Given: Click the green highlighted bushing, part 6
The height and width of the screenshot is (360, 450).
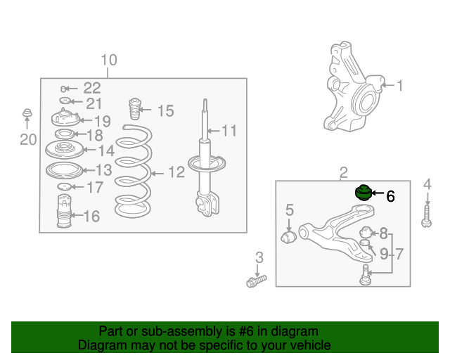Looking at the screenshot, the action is (x=364, y=193).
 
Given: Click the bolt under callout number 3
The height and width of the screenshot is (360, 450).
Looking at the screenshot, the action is (x=256, y=281).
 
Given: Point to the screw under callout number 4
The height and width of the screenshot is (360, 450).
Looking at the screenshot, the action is (x=427, y=217).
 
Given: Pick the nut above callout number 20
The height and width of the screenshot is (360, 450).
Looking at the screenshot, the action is (x=27, y=112).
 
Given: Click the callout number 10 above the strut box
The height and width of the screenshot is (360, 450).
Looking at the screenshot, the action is (x=109, y=60).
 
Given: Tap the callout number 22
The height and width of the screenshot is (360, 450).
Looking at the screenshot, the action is (x=92, y=88).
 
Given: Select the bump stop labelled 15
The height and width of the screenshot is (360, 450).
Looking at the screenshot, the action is (x=134, y=109).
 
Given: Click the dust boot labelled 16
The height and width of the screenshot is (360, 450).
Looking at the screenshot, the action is (x=64, y=211).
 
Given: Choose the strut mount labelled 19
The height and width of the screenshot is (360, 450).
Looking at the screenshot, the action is (x=65, y=117).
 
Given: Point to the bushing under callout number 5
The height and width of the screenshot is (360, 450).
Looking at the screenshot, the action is (x=289, y=237).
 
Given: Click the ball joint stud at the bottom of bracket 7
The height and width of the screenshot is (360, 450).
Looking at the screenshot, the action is (x=365, y=275).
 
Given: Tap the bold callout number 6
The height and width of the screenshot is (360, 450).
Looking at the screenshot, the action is (x=391, y=196).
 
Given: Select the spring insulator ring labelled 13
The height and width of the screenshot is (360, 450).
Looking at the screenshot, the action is (x=64, y=170).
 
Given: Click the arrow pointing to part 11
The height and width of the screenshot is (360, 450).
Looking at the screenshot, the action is (x=213, y=131).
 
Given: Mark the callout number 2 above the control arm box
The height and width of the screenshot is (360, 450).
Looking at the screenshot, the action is (x=344, y=173).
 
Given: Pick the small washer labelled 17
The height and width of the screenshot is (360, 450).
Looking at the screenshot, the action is (x=64, y=187).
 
